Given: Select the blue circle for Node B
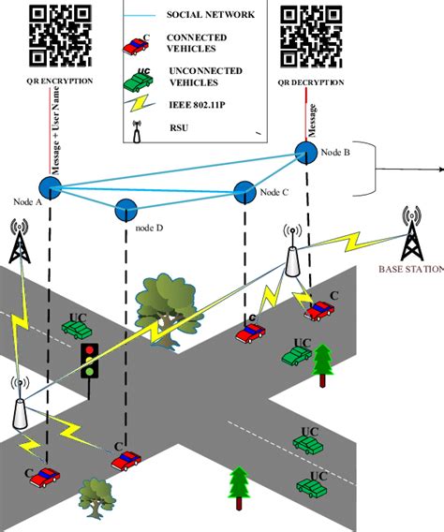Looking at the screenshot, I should point(305,152).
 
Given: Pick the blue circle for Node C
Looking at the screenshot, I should point(245,191).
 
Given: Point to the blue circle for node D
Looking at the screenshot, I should point(126,209).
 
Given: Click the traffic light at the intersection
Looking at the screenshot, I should point(90,361).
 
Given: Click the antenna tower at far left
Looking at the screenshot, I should point(19,244).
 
